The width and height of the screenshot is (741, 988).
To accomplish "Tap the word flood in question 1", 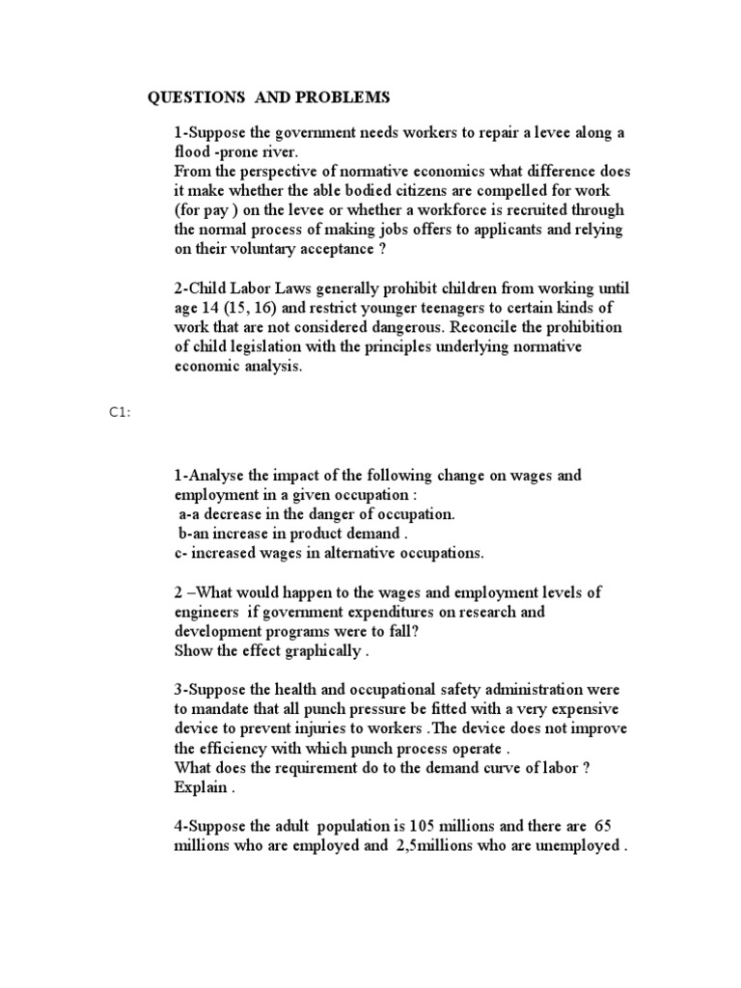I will (192, 151).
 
